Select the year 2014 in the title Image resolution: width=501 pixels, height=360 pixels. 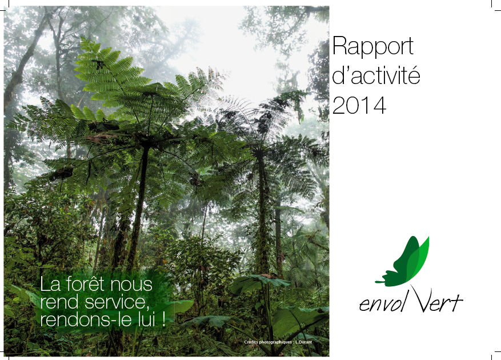[359, 105]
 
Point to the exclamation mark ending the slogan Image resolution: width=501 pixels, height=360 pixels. [164, 319]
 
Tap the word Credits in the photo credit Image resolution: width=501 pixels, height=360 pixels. [251, 342]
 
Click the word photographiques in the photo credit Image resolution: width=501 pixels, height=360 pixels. [274, 342]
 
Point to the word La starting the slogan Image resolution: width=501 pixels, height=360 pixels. [50, 284]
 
